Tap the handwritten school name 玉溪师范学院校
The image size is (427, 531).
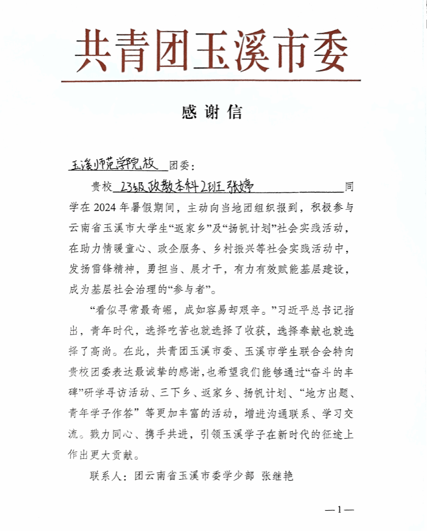[113, 164]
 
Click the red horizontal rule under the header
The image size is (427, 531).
[211, 81]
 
